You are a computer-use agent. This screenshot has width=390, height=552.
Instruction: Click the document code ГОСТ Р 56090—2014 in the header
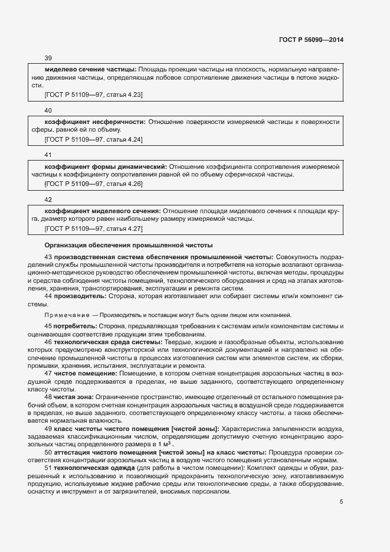coord(311,39)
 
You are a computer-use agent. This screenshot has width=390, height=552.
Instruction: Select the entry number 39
coord(48,58)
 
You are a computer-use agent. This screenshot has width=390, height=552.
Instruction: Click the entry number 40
coord(48,110)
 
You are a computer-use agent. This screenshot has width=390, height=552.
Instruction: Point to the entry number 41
coord(48,155)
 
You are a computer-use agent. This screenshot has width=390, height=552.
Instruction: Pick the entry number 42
coord(48,200)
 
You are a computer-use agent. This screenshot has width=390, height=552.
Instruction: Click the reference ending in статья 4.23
coord(93,94)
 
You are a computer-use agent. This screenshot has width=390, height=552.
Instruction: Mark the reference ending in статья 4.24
coord(93,139)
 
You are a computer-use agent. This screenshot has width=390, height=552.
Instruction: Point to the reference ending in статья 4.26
coord(93,184)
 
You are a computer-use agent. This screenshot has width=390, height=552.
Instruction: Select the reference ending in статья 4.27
coord(93,228)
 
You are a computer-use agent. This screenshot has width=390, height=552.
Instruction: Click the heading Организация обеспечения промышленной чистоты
coord(129,245)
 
